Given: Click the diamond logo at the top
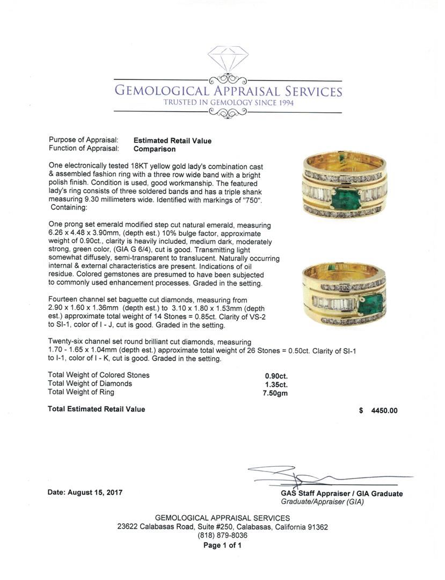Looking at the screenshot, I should pyautogui.click(x=228, y=59).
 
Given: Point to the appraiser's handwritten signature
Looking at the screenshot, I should pyautogui.click(x=301, y=476).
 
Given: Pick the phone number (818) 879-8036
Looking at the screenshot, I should pyautogui.click(x=222, y=535).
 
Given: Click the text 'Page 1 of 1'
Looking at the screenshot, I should pyautogui.click(x=222, y=546).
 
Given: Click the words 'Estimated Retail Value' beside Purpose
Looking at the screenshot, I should pyautogui.click(x=172, y=141).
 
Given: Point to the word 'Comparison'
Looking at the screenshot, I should pyautogui.click(x=154, y=149).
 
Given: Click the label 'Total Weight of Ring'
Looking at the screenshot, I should pyautogui.click(x=81, y=392).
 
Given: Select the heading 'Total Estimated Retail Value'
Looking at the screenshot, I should pyautogui.click(x=96, y=409).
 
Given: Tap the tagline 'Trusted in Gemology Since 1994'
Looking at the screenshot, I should pyautogui.click(x=228, y=103).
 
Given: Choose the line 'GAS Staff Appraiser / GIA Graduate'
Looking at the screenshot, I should pyautogui.click(x=341, y=494).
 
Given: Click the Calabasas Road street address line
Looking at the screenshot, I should pyautogui.click(x=222, y=527).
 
